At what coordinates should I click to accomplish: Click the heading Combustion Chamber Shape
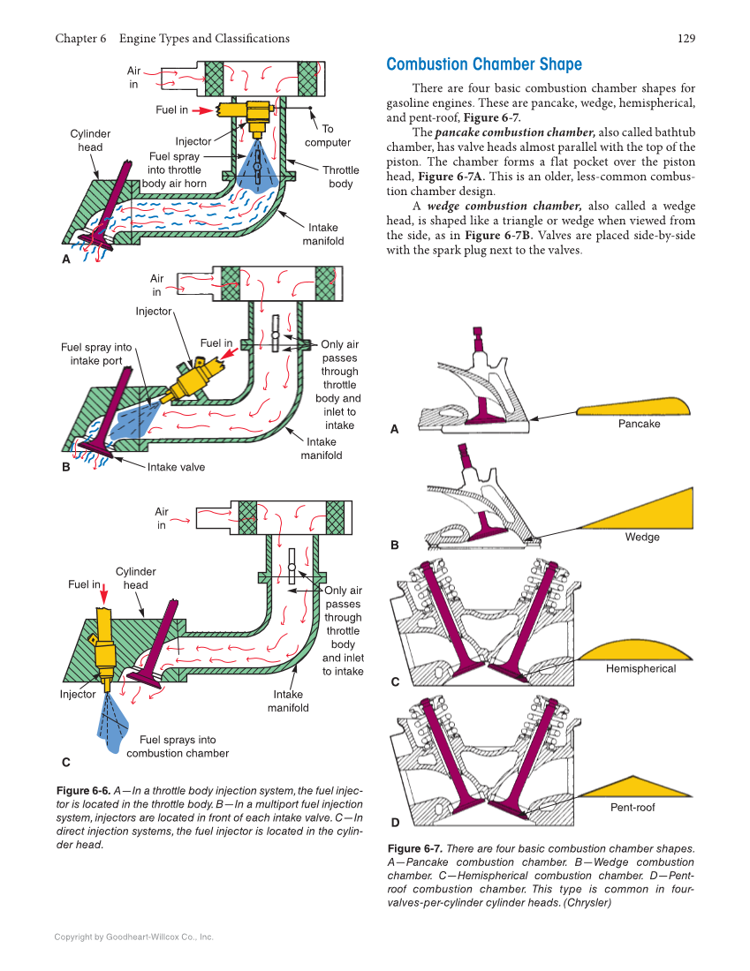click(484, 64)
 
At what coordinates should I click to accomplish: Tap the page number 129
click(686, 38)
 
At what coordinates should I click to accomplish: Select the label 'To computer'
click(327, 135)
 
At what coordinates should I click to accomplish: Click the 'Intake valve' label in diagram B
click(176, 467)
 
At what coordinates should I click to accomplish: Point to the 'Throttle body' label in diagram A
click(340, 177)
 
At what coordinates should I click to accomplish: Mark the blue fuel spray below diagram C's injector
click(113, 724)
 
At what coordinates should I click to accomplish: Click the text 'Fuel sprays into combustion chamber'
click(178, 747)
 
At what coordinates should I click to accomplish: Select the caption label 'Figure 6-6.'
click(83, 790)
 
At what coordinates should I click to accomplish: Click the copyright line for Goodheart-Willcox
click(133, 937)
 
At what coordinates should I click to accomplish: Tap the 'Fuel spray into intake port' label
click(96, 353)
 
